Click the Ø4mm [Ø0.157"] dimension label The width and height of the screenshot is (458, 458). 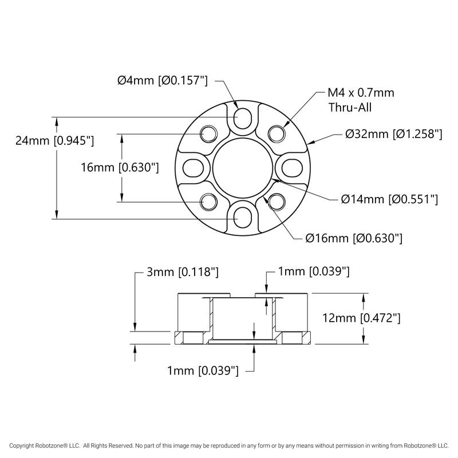tap(162, 81)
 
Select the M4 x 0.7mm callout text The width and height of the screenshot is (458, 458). tap(361, 93)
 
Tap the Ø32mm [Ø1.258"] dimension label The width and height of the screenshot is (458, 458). tap(394, 135)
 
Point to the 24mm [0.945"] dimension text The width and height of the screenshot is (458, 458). tap(54, 140)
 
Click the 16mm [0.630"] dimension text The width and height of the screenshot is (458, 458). tap(119, 168)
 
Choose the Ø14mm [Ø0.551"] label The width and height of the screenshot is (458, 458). tap(389, 199)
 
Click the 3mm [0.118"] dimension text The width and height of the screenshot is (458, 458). tap(183, 272)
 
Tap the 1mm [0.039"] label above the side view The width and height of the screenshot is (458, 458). tap(313, 272)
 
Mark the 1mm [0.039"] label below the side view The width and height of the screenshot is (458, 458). tap(202, 371)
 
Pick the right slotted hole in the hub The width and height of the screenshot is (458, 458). tap(293, 168)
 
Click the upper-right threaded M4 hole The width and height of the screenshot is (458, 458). tap(278, 133)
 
